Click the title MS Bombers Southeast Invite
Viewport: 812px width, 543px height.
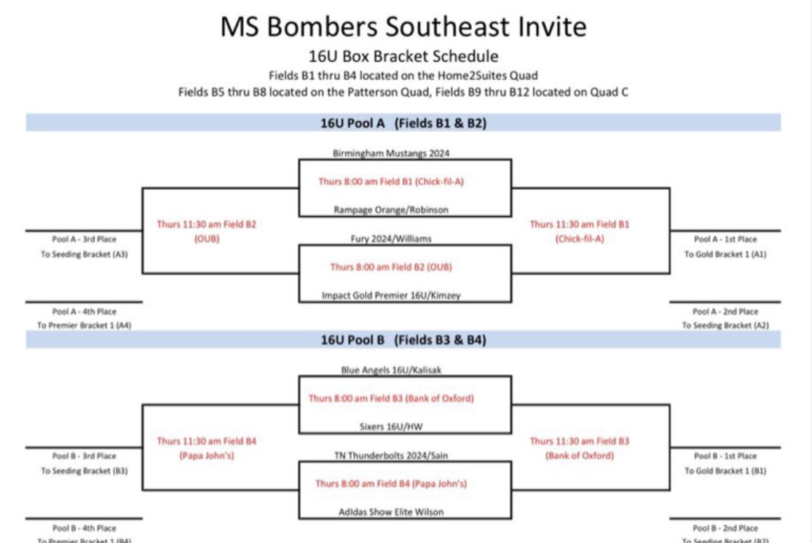403,27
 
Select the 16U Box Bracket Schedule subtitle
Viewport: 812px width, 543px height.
403,56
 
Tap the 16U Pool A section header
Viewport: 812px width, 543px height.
403,123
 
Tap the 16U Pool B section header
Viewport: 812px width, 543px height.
403,340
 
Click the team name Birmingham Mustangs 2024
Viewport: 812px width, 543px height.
390,154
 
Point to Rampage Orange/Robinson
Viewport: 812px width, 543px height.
390,210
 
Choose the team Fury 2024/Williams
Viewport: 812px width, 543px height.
390,238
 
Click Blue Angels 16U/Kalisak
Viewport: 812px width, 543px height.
391,370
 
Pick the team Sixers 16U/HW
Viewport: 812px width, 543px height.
391,427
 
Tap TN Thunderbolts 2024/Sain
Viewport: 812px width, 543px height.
391,455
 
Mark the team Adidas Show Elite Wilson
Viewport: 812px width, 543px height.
391,512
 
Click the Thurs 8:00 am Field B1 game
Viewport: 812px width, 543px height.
390,181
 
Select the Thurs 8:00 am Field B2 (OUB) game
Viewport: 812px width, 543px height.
390,267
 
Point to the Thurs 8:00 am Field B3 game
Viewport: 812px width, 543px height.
390,398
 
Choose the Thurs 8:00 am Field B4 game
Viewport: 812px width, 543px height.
390,483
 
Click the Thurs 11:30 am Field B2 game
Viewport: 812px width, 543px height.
207,231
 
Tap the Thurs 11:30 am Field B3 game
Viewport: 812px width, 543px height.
580,448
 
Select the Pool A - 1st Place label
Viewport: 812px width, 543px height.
725,239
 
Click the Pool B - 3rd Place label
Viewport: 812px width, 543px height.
84,456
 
